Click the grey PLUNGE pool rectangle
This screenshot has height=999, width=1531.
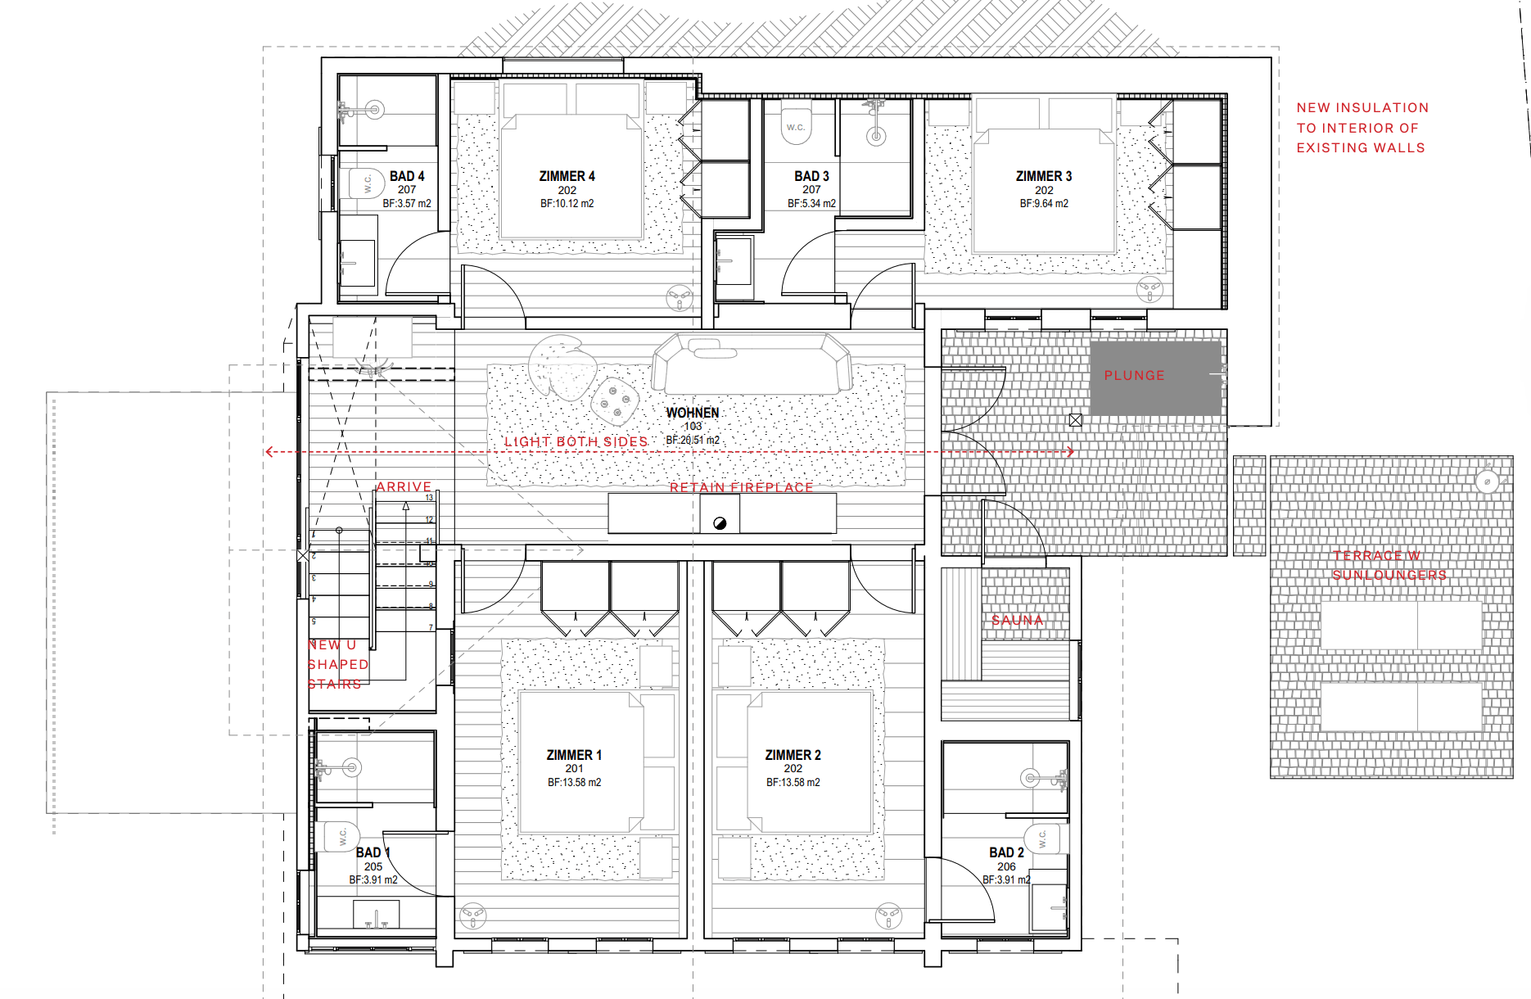1154,377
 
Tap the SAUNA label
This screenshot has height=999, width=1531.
1017,621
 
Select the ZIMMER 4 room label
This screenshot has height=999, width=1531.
567,176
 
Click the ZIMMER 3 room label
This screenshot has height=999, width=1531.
1043,176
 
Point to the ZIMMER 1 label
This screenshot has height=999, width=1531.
574,755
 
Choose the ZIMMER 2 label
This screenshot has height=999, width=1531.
793,755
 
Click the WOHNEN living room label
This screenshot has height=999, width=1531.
692,413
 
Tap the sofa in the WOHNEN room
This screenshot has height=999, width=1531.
752,364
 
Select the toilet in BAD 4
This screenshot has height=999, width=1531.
366,183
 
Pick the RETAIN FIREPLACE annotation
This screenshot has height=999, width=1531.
741,487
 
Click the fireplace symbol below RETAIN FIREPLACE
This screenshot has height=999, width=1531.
720,523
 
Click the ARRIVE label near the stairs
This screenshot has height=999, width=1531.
403,486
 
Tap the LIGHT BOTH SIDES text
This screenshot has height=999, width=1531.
576,442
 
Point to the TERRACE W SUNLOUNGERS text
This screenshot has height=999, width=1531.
1389,565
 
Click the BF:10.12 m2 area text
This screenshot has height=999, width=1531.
567,204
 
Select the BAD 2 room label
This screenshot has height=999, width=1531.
1006,852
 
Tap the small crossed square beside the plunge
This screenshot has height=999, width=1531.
1075,420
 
